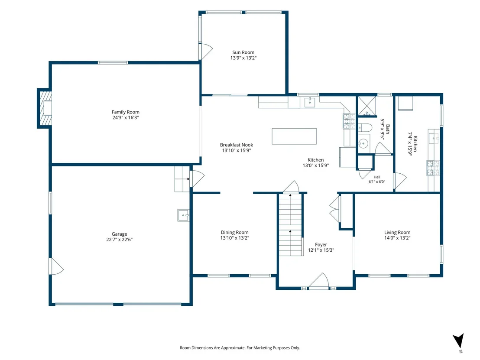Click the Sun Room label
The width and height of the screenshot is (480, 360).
point(243,52)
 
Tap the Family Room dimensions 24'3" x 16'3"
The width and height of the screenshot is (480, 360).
point(126,117)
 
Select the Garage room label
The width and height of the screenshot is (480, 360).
point(120,234)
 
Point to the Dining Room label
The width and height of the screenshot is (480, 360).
point(235,232)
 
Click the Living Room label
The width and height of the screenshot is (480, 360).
point(397,232)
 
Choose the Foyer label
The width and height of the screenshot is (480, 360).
point(321,245)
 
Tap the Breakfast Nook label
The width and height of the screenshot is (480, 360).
point(237,145)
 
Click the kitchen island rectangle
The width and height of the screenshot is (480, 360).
point(294,136)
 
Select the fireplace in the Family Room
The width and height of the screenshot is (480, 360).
point(45,108)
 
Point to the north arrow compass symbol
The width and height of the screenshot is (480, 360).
point(459,341)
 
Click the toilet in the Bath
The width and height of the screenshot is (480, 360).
point(365,127)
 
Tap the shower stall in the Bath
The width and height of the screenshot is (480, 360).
point(367,106)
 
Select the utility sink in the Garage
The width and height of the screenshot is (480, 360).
point(183,215)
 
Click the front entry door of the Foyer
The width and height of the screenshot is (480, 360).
point(319,281)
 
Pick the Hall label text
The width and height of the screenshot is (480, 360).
point(377,177)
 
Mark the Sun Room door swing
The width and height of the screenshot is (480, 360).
point(206,52)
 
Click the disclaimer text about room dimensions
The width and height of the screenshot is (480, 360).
point(240,348)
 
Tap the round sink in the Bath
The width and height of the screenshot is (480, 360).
point(363,143)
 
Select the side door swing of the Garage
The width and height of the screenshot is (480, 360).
point(57,266)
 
